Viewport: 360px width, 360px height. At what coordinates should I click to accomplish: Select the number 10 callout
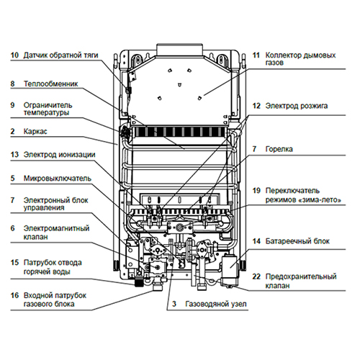pyautogui.click(x=14, y=55)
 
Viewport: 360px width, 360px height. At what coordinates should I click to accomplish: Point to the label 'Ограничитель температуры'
pyautogui.click(x=50, y=109)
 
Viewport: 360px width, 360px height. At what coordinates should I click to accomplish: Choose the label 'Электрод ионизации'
pyautogui.click(x=59, y=154)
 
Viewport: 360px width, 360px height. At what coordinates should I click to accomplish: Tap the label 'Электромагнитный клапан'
pyautogui.click(x=55, y=233)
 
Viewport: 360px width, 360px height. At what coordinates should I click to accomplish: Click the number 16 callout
pyautogui.click(x=14, y=295)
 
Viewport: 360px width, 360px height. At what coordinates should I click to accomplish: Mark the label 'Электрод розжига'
pyautogui.click(x=297, y=106)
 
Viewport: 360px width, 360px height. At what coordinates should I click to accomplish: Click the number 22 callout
pyautogui.click(x=256, y=276)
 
